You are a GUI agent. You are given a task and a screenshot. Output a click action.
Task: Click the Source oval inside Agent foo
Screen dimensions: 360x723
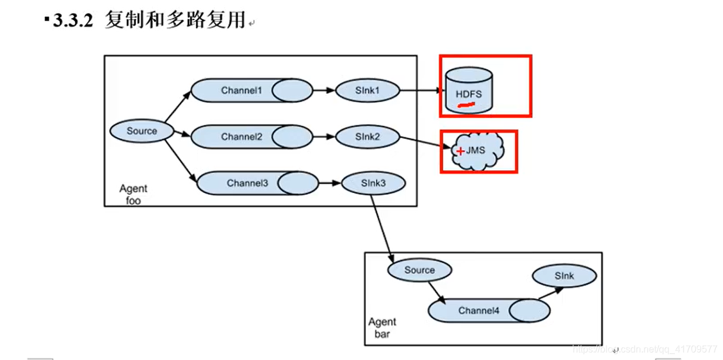pos(142,131)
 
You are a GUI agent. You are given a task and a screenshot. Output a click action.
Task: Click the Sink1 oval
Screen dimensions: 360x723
pos(367,91)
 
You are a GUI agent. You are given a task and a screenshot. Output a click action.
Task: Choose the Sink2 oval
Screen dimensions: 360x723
pos(367,137)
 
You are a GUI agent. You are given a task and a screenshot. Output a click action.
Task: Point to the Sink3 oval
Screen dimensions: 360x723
pos(373,183)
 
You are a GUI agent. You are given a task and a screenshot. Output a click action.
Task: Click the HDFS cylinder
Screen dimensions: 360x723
pos(469,91)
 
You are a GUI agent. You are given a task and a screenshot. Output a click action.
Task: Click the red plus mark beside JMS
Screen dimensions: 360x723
pos(460,151)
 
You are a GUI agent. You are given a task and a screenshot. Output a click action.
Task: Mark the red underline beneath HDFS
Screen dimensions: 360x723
pos(466,106)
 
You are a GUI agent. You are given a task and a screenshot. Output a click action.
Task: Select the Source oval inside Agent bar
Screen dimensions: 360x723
pos(419,270)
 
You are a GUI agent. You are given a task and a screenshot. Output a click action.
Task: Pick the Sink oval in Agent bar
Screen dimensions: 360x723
pos(564,276)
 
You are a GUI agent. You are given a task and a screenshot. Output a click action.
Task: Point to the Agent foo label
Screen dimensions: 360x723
pos(133,194)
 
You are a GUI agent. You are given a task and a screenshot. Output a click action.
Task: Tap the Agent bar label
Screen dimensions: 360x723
pos(381,328)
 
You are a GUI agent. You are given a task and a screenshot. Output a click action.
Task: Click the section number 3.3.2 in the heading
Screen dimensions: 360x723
pos(73,21)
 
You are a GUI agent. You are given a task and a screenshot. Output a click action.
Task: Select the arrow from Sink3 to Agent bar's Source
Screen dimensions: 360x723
pos(382,228)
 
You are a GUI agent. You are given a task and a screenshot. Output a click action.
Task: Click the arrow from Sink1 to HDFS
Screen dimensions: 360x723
pos(422,91)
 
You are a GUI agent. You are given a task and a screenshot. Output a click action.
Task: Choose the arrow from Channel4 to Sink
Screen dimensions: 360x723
pos(550,293)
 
